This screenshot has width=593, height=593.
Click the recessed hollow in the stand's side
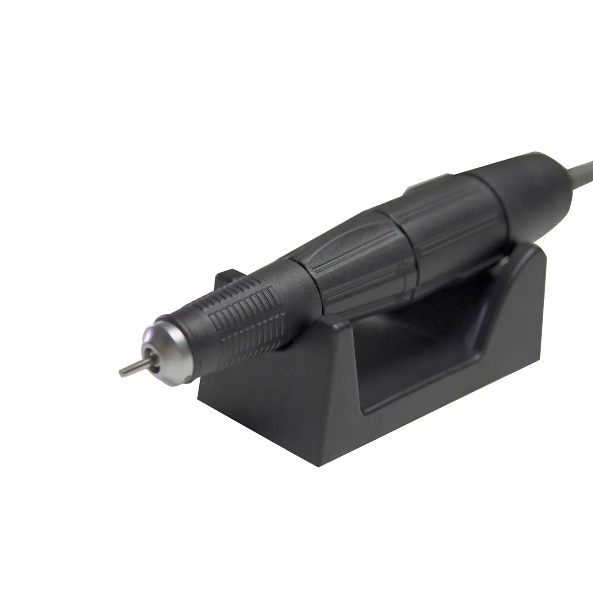[420, 356]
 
